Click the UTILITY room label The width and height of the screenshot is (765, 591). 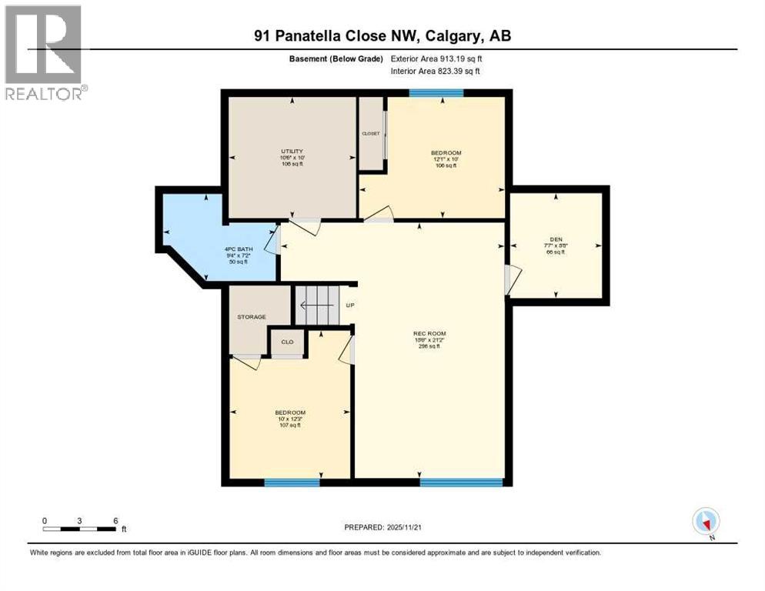(x=291, y=151)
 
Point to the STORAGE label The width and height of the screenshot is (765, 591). (x=252, y=317)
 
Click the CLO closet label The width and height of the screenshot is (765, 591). (x=287, y=342)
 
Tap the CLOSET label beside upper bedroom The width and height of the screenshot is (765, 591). (x=371, y=133)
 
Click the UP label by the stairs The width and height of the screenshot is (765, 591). (x=349, y=306)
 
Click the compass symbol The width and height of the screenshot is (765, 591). (x=706, y=521)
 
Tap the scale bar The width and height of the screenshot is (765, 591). (x=80, y=529)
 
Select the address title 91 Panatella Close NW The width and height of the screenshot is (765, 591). (x=382, y=35)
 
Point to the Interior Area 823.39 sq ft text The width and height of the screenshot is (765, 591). (x=436, y=71)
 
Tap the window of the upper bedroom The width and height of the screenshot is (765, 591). (x=436, y=93)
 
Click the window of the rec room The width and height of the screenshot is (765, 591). (x=461, y=482)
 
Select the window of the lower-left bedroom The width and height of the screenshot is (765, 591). (x=292, y=482)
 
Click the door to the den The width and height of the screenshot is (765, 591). (x=511, y=279)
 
